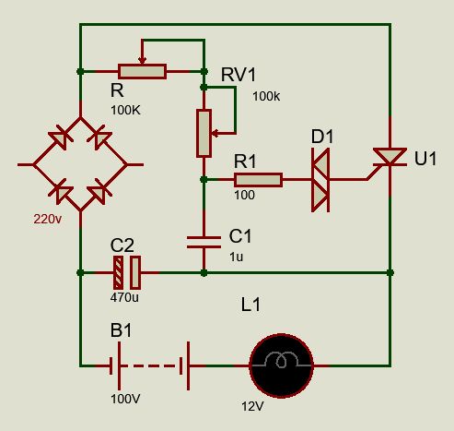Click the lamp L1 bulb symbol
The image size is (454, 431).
click(x=281, y=365)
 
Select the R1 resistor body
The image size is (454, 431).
click(x=258, y=180)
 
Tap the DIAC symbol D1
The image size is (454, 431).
click(x=320, y=180)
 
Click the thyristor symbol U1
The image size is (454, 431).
click(x=390, y=157)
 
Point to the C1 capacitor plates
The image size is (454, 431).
click(x=204, y=242)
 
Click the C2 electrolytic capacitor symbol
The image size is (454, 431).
click(x=127, y=272)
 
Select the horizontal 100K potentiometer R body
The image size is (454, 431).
click(x=142, y=72)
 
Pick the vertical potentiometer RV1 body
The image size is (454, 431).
click(x=204, y=133)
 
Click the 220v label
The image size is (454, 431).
click(x=48, y=220)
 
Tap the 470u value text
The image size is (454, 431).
click(x=124, y=297)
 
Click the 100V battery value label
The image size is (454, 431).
click(x=125, y=399)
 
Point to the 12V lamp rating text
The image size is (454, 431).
click(x=252, y=407)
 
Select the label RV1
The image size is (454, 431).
click(x=239, y=75)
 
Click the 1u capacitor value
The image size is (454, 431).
click(x=236, y=257)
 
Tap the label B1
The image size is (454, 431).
click(x=121, y=330)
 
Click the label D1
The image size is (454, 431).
click(x=322, y=137)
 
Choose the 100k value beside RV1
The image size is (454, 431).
click(x=266, y=97)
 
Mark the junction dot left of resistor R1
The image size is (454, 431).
click(x=204, y=179)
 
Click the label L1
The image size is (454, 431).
click(x=250, y=305)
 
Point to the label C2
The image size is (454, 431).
click(x=122, y=245)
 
